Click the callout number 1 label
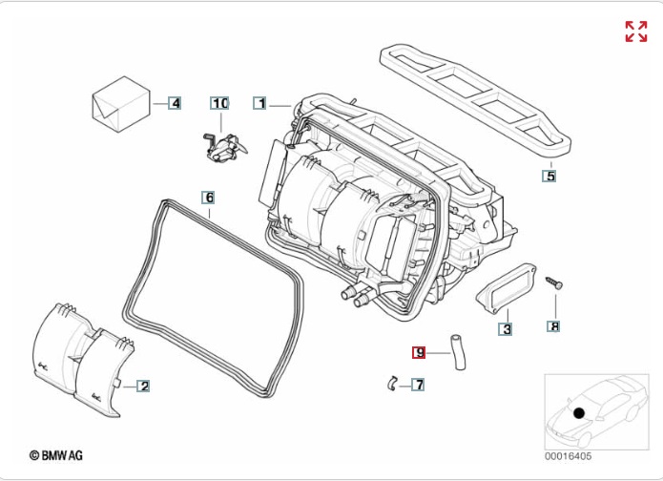point(259,102)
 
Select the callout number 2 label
point(143,386)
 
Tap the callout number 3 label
point(506,330)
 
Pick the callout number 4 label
point(174,102)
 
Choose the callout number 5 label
point(549,176)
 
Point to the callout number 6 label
point(208,198)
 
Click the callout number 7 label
point(418,386)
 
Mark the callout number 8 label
point(553,326)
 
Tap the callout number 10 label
point(220,102)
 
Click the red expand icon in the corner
point(635,31)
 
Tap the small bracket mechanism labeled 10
point(225,145)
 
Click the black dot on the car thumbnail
point(578,413)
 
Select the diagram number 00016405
point(568,456)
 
